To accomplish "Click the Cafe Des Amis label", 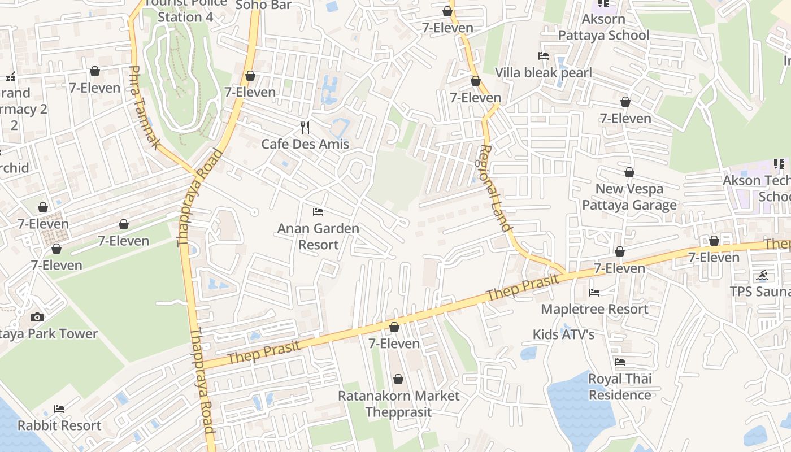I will click(x=305, y=144).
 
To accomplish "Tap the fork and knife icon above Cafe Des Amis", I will click(x=305, y=127).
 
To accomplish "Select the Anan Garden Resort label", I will click(x=318, y=237).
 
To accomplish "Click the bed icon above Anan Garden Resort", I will click(x=318, y=212).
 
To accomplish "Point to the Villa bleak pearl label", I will click(x=544, y=73).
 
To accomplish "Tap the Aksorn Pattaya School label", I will click(x=603, y=27).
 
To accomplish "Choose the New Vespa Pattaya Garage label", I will click(x=629, y=197).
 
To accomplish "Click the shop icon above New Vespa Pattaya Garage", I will click(x=629, y=172).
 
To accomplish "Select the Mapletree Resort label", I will click(x=594, y=309).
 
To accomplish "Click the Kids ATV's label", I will click(x=564, y=334).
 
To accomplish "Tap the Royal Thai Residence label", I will click(x=620, y=387).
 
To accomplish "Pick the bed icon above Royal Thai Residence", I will click(x=620, y=362).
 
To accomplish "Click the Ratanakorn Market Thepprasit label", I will click(x=398, y=403).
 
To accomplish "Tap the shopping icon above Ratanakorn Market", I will click(x=398, y=379).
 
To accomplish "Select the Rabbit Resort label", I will click(x=59, y=425).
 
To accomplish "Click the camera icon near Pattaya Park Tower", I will click(x=37, y=317).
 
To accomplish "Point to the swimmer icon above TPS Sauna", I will click(x=763, y=275).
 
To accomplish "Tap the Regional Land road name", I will click(x=496, y=188).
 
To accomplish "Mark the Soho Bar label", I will click(x=263, y=5).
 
